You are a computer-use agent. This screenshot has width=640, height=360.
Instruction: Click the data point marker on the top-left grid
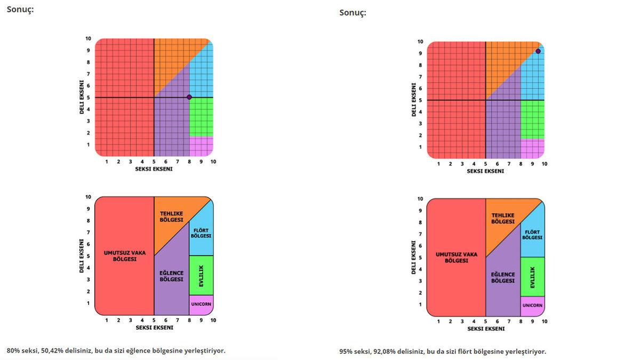(189, 97)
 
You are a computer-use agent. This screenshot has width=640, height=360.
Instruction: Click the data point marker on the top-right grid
(538, 51)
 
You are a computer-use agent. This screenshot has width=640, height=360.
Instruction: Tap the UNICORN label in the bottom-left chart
(201, 304)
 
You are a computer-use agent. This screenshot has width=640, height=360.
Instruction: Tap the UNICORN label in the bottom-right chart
(532, 306)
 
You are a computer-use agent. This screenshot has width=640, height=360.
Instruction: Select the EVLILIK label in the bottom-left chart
(201, 275)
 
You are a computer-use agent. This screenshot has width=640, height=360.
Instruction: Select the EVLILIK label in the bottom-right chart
(532, 277)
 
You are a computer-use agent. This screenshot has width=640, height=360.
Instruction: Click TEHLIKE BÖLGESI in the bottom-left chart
(172, 217)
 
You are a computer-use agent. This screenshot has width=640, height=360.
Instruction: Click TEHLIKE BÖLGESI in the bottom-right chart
(503, 218)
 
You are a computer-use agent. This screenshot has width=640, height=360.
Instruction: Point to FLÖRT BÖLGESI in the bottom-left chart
(201, 233)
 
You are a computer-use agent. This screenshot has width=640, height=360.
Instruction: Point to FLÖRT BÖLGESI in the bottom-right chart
(532, 235)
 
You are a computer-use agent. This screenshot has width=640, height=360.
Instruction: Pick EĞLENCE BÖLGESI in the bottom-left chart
(172, 276)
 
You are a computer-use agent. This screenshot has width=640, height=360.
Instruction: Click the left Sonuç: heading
(20, 10)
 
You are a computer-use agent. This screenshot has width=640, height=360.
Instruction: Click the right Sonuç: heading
(353, 12)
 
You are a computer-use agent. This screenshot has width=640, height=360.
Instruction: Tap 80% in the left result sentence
(14, 350)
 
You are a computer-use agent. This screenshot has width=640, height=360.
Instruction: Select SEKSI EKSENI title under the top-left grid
(154, 169)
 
